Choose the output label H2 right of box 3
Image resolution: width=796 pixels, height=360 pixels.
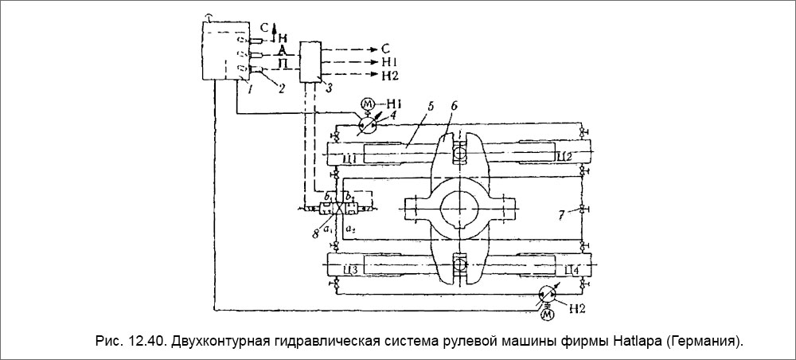pos(390,76)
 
